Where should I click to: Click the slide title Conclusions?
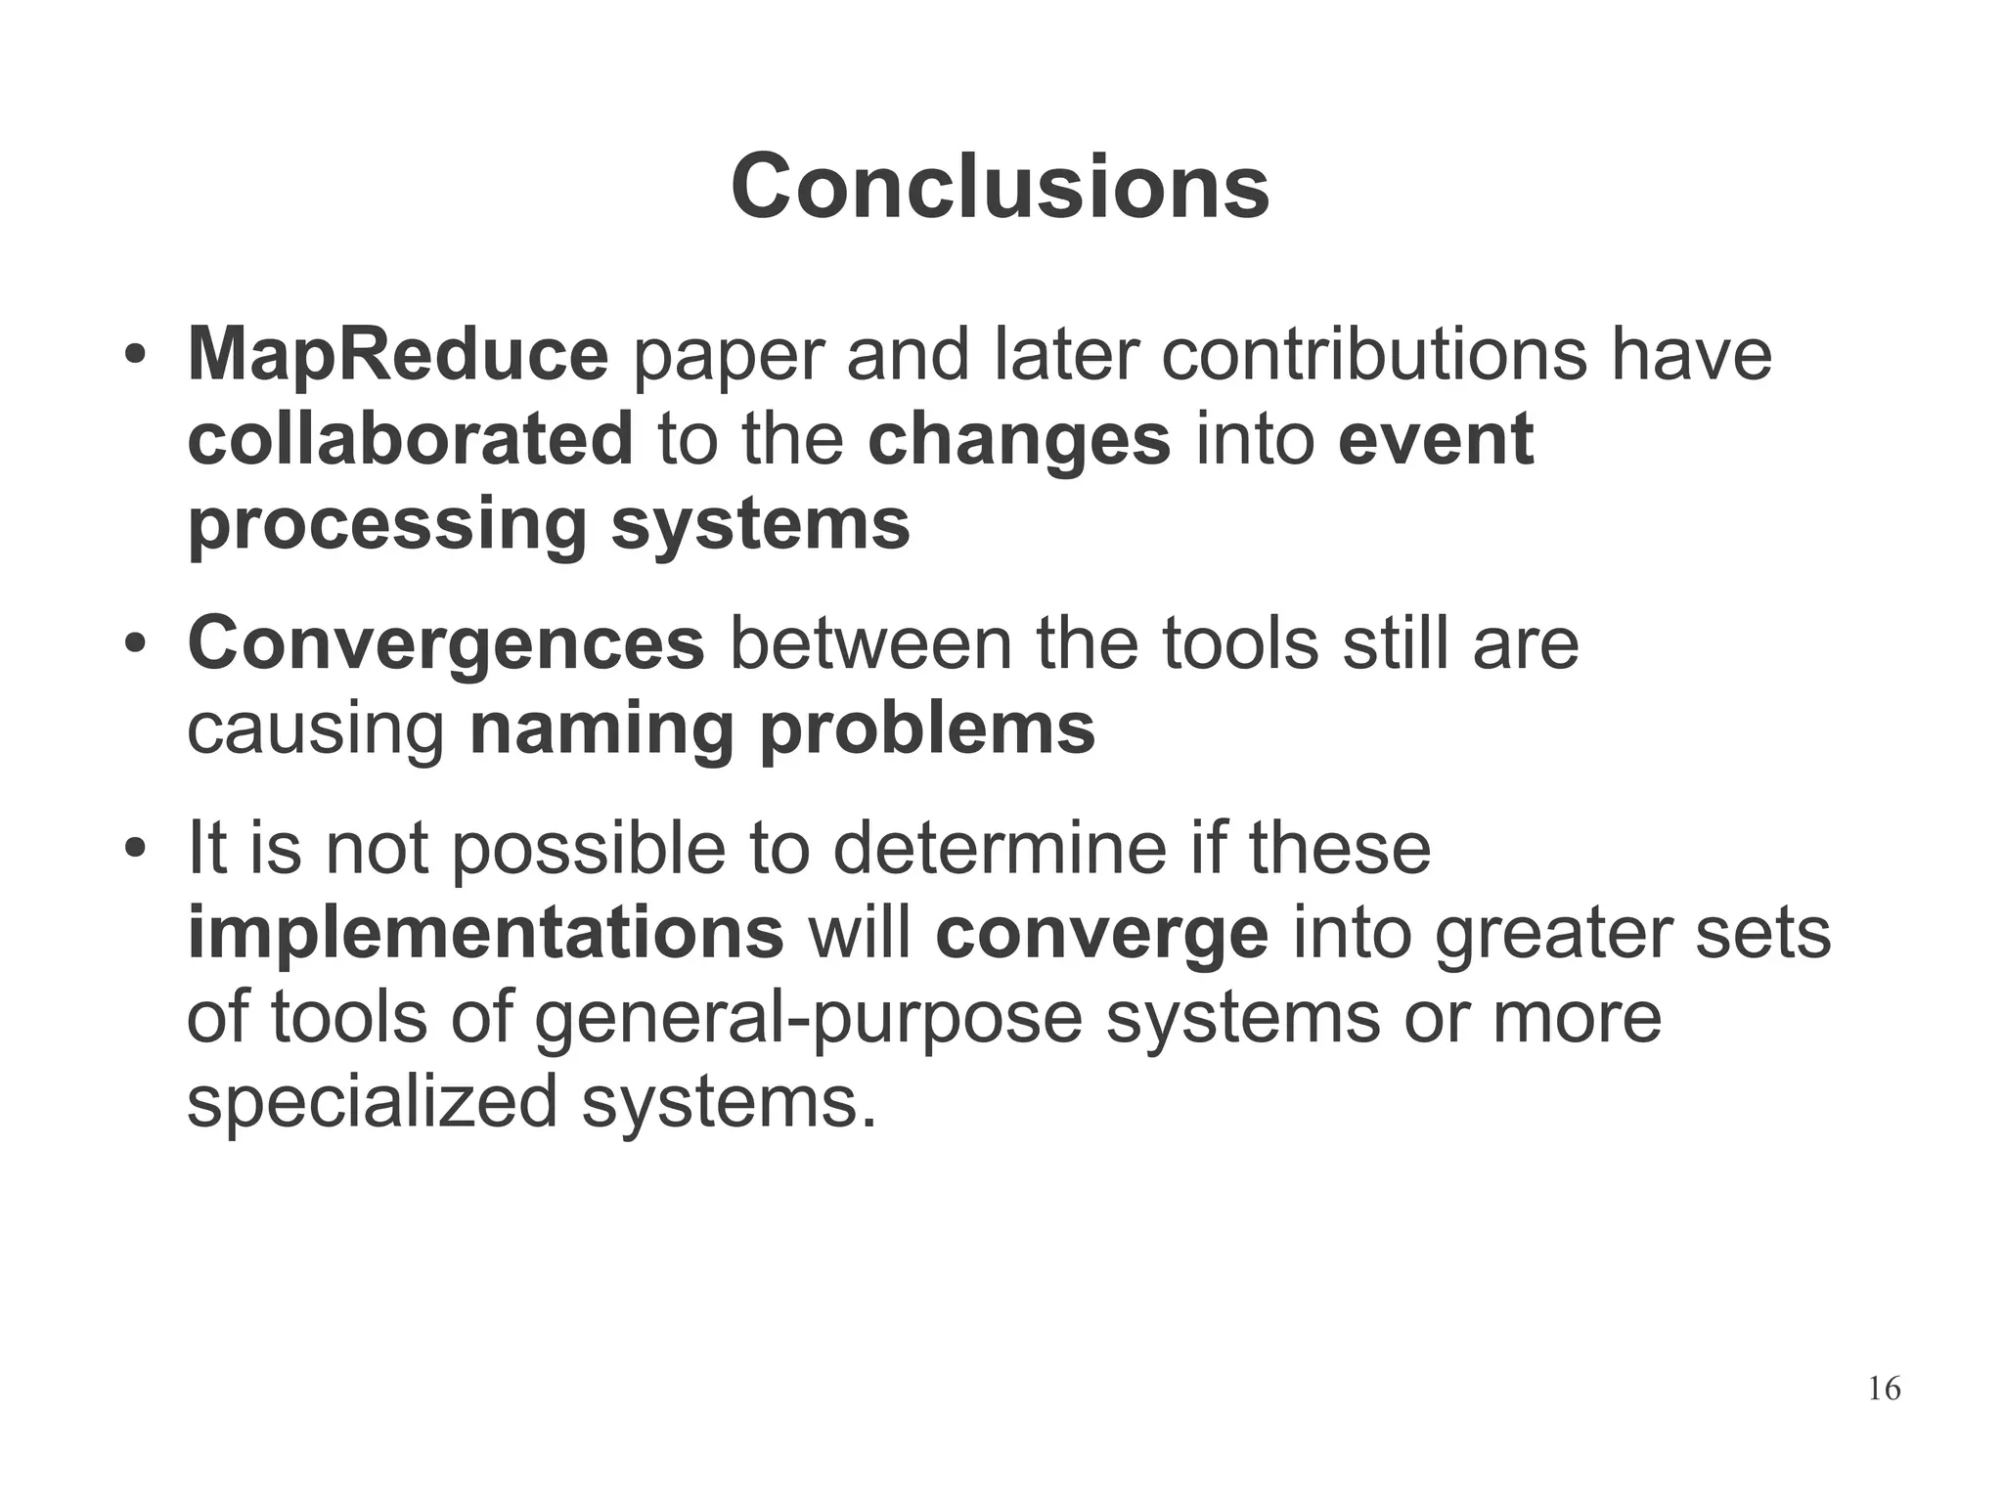pyautogui.click(x=1000, y=188)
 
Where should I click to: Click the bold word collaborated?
pyautogui.click(x=410, y=439)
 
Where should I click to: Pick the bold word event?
pyautogui.click(x=1435, y=439)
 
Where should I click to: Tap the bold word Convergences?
pyautogui.click(x=446, y=644)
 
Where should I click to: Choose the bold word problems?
pyautogui.click(x=927, y=729)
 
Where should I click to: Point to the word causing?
pyautogui.click(x=315, y=729)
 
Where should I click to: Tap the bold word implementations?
pyautogui.click(x=485, y=933)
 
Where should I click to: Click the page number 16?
pyautogui.click(x=1884, y=1389)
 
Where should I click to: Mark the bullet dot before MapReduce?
pyautogui.click(x=135, y=356)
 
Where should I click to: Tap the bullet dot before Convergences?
pyautogui.click(x=135, y=645)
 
